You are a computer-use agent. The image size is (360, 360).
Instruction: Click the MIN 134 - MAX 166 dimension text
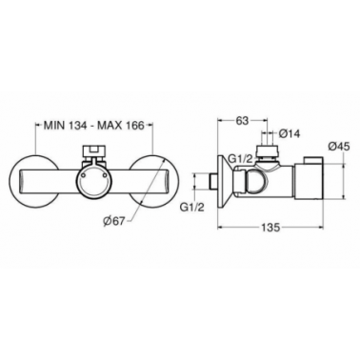click(93, 125)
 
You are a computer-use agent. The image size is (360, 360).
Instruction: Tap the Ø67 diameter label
click(115, 221)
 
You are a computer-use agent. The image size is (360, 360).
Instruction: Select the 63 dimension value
click(242, 120)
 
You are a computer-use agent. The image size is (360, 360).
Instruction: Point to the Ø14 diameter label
click(290, 134)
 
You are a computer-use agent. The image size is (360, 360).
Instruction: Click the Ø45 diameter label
click(339, 147)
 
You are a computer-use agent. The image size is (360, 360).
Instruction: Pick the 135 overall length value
click(270, 228)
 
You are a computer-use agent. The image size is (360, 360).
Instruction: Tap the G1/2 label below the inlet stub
click(192, 208)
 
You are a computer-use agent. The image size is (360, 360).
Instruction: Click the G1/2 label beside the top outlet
click(241, 159)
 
